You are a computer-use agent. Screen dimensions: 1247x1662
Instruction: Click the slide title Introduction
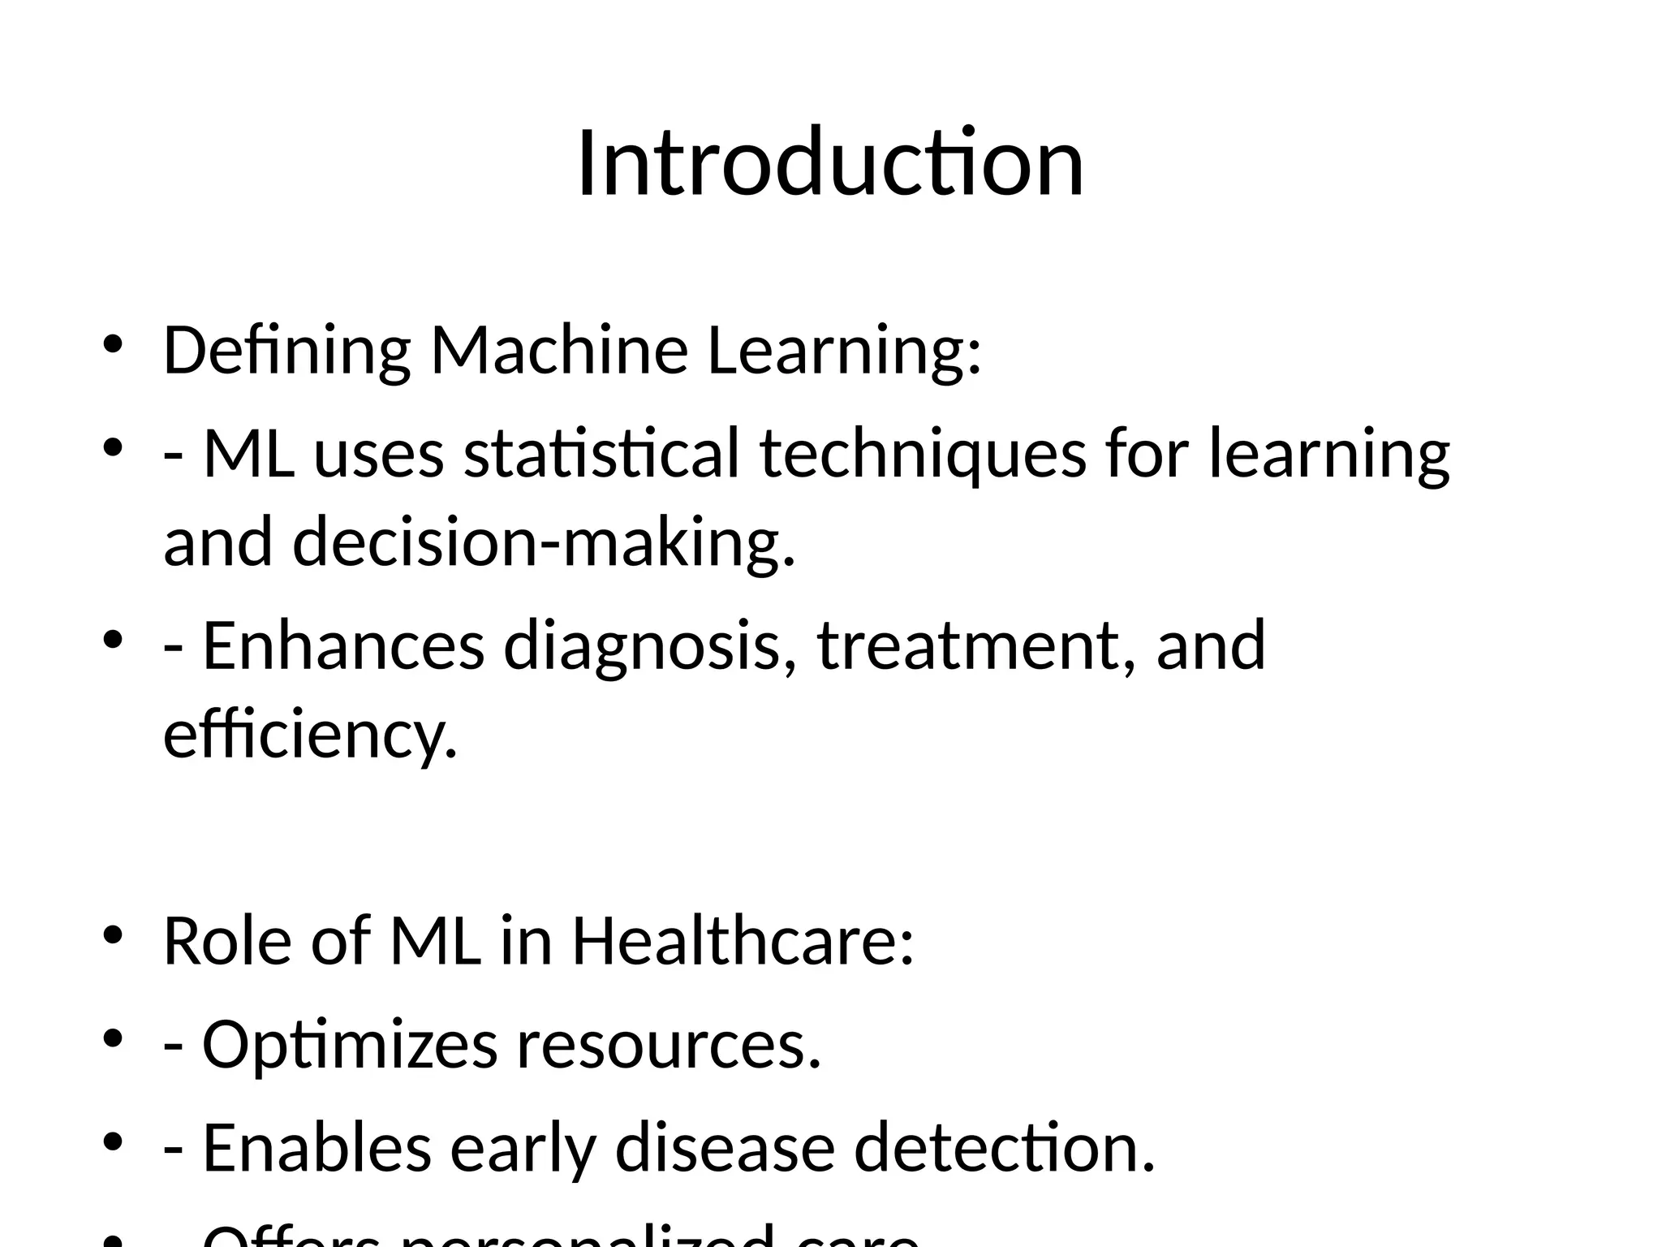pyautogui.click(x=830, y=163)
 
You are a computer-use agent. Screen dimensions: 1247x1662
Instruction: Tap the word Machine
pyautogui.click(x=559, y=351)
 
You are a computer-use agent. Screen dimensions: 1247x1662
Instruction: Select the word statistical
pyautogui.click(x=601, y=453)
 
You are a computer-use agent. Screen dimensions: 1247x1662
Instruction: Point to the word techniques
pyautogui.click(x=923, y=453)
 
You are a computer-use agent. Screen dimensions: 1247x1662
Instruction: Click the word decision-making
pyautogui.click(x=543, y=542)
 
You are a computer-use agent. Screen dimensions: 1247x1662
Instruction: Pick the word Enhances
pyautogui.click(x=343, y=645)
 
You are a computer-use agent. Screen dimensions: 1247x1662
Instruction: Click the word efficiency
pyautogui.click(x=310, y=735)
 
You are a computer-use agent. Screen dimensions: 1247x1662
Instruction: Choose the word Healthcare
pyautogui.click(x=743, y=941)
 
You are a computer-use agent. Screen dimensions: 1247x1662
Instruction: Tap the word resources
pyautogui.click(x=669, y=1045)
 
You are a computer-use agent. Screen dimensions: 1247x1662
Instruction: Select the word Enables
pyautogui.click(x=316, y=1148)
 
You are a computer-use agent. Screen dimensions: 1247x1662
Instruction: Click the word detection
pyautogui.click(x=1004, y=1148)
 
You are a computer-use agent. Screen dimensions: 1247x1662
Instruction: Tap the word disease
pyautogui.click(x=725, y=1148)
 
